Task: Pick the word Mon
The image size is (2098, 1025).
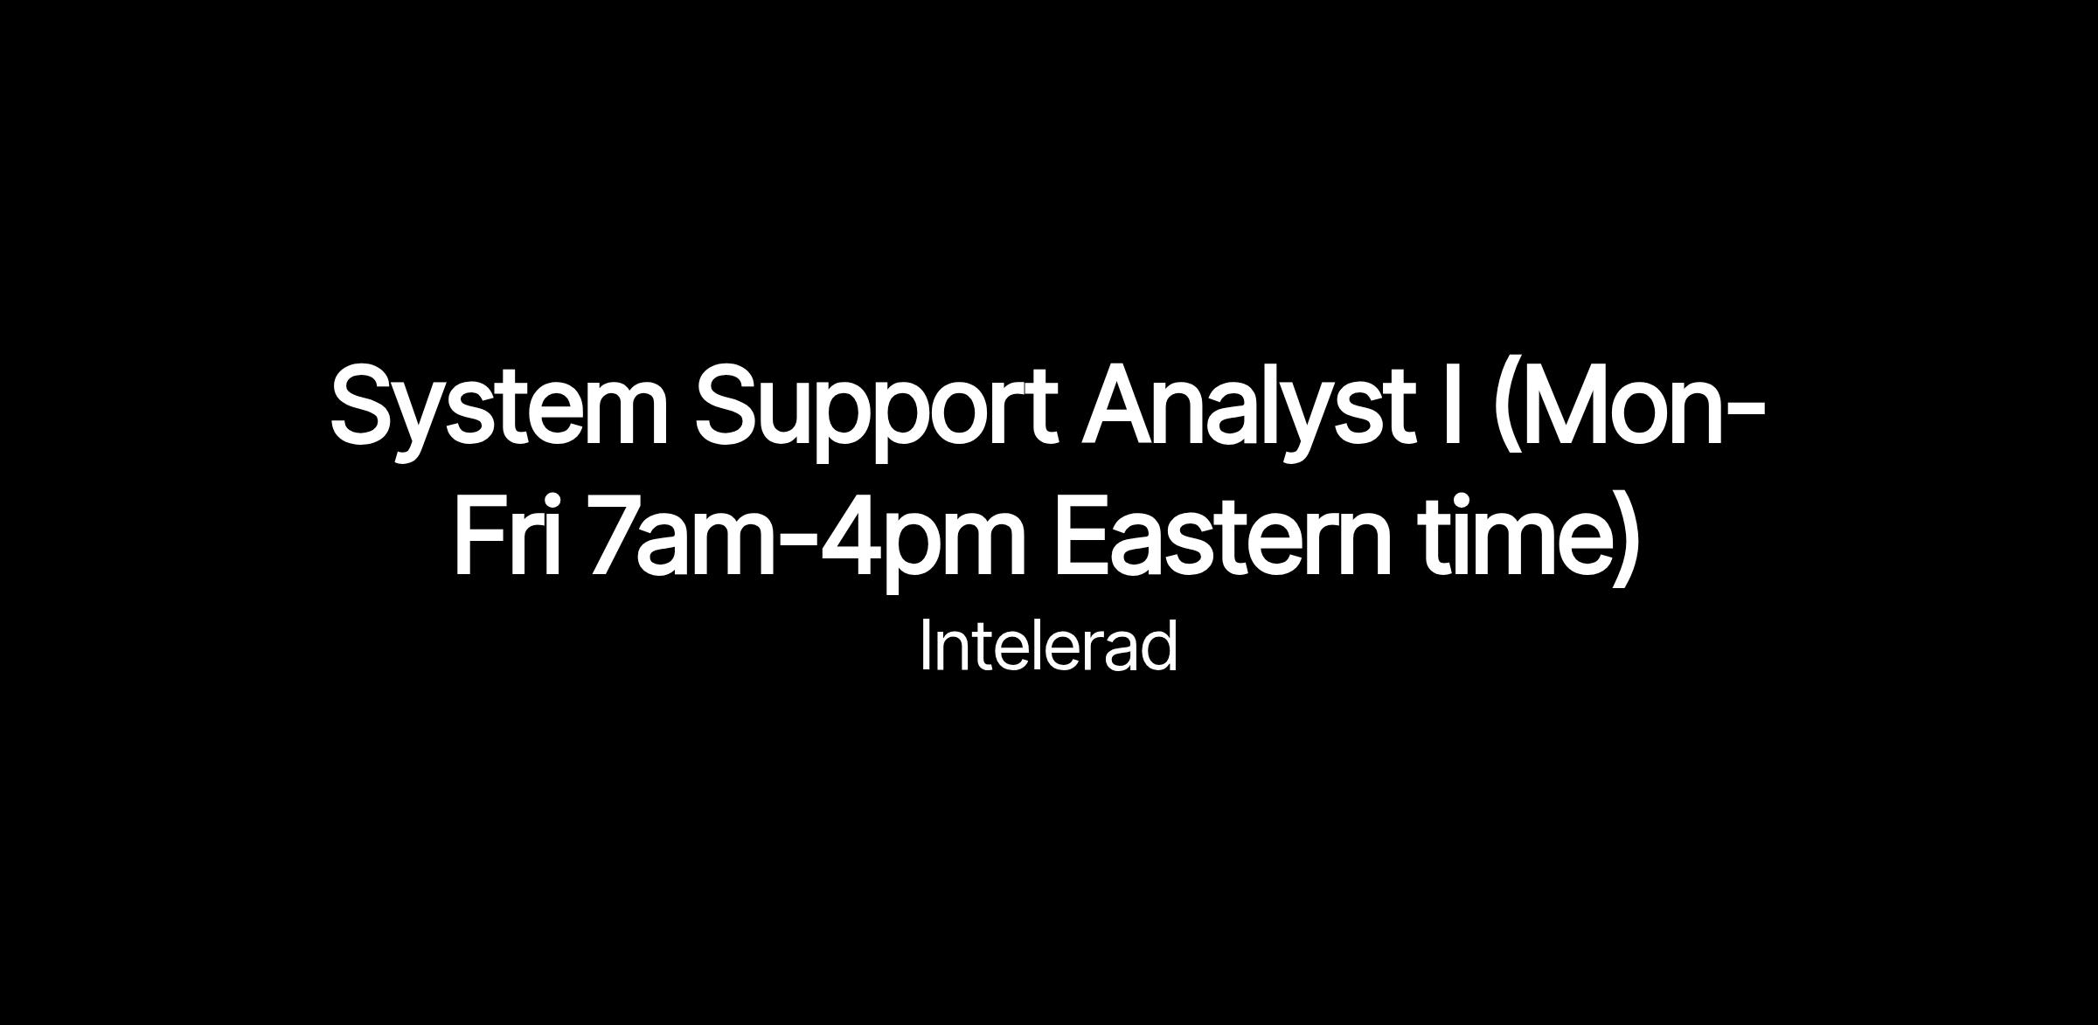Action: tap(1623, 407)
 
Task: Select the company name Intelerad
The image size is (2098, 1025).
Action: tap(1048, 646)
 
